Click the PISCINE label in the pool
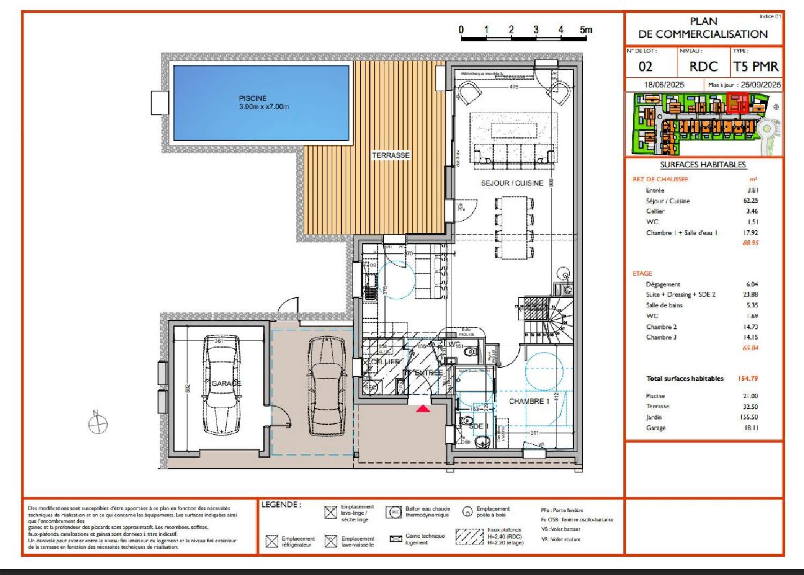(x=252, y=99)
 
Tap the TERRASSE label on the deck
(x=391, y=155)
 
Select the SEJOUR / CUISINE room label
(x=512, y=183)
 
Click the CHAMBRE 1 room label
(x=529, y=401)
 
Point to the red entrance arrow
(x=423, y=409)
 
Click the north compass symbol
(x=98, y=424)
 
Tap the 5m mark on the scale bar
(x=586, y=30)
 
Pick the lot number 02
(x=645, y=67)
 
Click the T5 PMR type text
(x=756, y=67)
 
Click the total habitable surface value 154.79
(x=748, y=379)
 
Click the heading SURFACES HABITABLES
(x=703, y=165)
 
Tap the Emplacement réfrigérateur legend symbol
(x=272, y=541)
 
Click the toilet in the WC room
(x=470, y=352)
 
